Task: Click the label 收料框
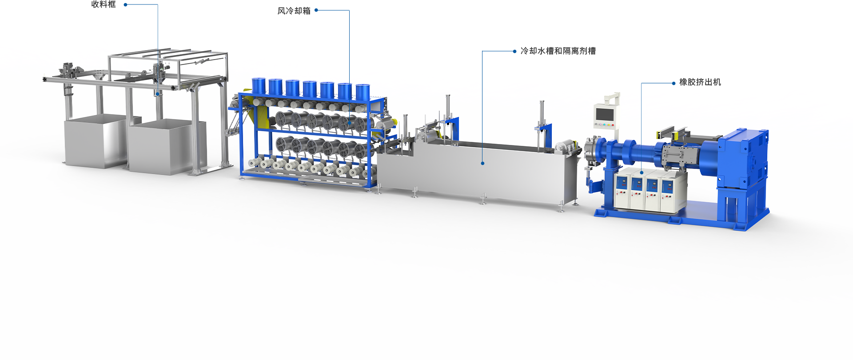[104, 4]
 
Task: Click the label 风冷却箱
[294, 11]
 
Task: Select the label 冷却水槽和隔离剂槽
[558, 51]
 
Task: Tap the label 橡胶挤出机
[700, 82]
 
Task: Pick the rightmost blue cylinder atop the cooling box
[363, 92]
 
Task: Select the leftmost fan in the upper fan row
[283, 119]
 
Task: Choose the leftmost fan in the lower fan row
[283, 144]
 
